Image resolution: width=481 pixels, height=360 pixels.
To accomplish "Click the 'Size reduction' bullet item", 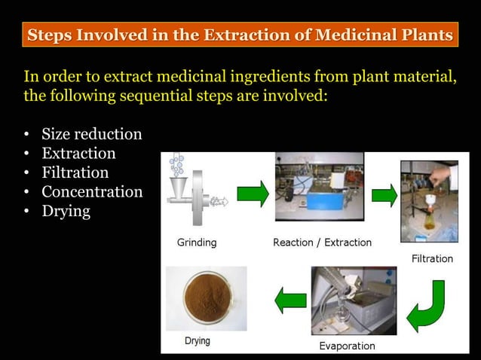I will point(91,135).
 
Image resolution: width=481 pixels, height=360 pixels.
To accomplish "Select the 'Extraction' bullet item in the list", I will point(78,154).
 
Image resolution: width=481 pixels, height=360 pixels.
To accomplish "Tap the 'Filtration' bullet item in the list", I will point(75,172).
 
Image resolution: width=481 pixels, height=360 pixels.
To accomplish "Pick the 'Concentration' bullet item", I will point(91,192).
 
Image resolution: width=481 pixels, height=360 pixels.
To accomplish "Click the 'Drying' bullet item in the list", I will point(66,212).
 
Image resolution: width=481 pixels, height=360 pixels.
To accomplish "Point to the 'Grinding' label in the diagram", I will point(197,243).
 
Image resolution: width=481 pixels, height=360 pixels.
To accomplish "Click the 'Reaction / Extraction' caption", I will point(322,243).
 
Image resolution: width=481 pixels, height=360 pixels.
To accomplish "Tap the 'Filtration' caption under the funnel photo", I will point(432,258).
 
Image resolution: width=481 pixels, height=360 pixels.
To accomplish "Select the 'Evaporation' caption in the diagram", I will point(347,346).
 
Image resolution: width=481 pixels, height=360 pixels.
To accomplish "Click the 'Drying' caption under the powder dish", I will point(198,341).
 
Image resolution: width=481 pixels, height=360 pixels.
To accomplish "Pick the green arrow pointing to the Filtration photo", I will point(384,196).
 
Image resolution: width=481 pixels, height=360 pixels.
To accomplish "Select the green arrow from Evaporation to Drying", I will point(290,301).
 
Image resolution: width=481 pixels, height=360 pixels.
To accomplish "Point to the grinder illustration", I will point(195,193).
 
